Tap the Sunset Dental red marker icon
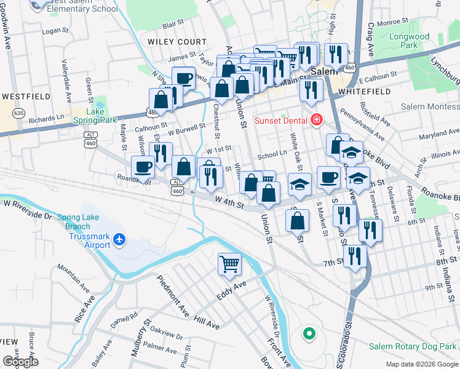317,119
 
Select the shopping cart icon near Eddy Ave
229,264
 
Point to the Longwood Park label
409,41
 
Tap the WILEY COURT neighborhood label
177,41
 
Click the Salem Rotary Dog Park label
413,347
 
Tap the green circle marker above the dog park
309,335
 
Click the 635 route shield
19,113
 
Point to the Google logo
21,361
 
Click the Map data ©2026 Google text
421,364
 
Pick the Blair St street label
173,23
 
